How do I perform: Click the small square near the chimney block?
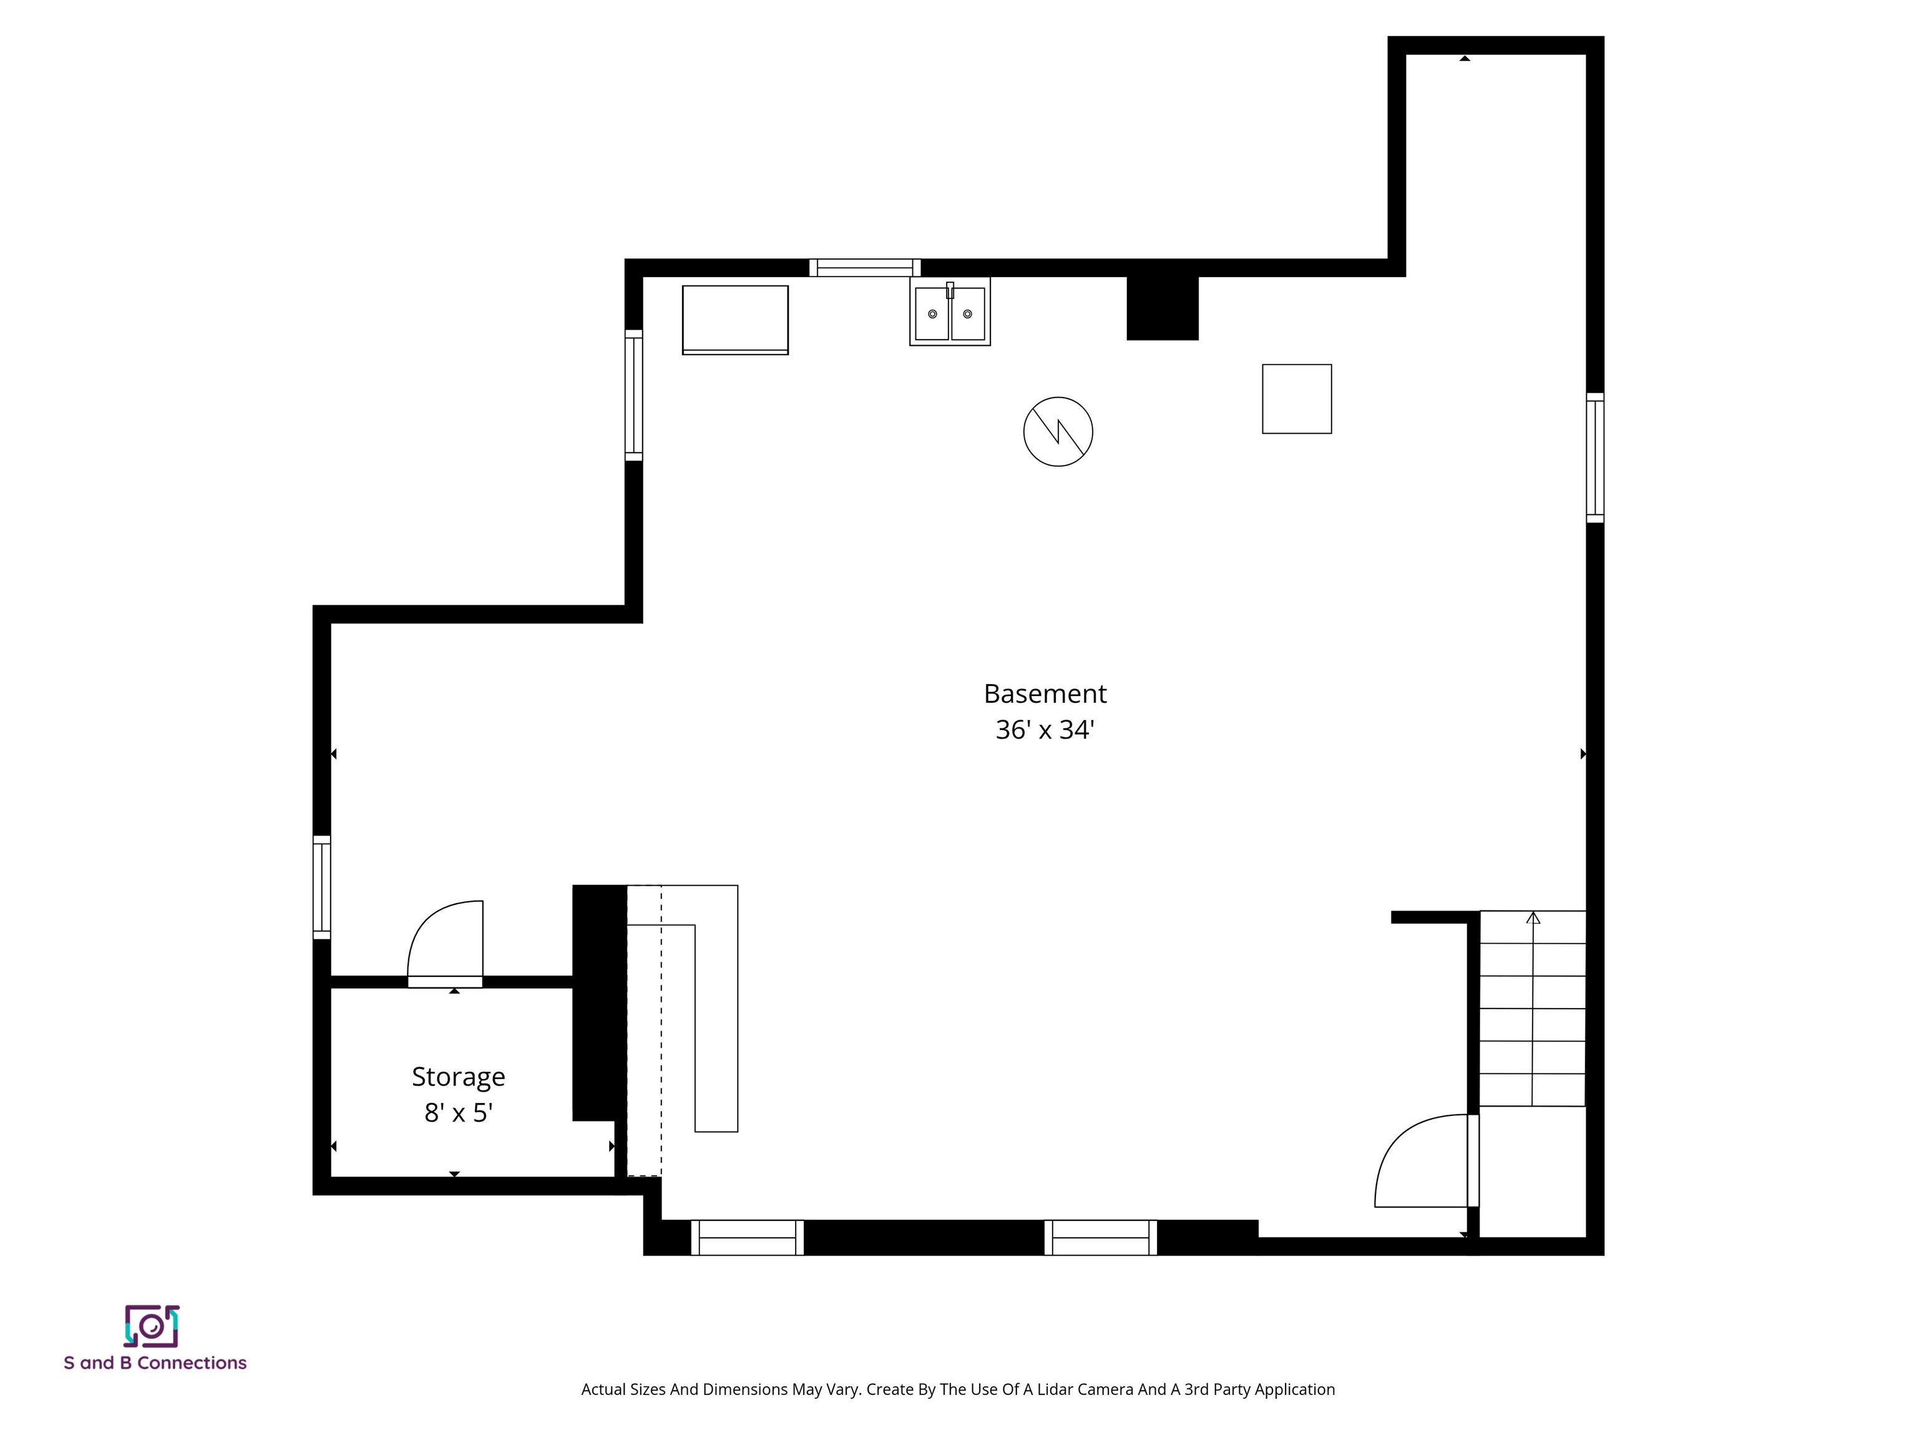[1297, 399]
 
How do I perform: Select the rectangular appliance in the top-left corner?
[735, 320]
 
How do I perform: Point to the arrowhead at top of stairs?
[1533, 917]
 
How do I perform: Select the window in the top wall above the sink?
[864, 267]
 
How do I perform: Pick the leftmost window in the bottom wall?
[747, 1238]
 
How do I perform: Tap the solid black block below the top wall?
[1162, 308]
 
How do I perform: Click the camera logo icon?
[152, 1326]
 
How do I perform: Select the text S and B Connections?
[155, 1362]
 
